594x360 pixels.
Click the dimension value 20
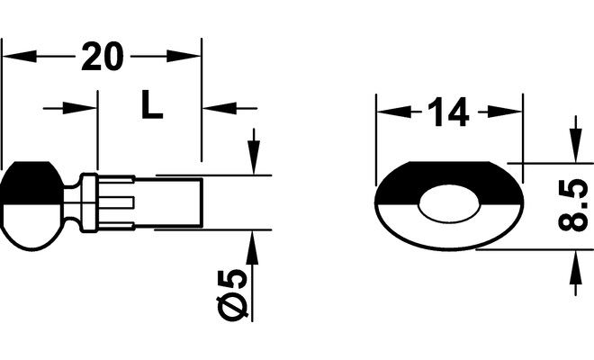pos(103,57)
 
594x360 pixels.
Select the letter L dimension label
pos(151,104)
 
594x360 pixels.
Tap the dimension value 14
pos(448,112)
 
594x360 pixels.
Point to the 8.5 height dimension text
pos(572,206)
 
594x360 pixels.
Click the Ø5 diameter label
pos(232,295)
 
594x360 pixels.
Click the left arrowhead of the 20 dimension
pos(20,57)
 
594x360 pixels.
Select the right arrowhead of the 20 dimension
pos(184,57)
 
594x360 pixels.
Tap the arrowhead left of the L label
pos(80,108)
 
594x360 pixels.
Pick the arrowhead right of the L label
pos(220,108)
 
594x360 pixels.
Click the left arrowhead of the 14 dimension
pos(394,112)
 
